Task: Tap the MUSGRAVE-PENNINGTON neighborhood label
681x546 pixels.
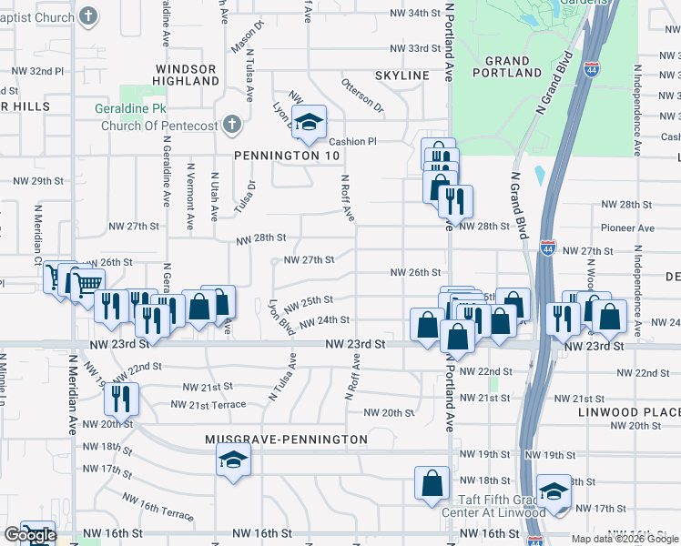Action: coord(286,440)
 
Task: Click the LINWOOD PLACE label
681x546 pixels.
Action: coord(629,412)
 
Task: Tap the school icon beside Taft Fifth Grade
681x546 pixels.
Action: coord(553,492)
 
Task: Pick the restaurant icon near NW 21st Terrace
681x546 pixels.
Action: coord(120,398)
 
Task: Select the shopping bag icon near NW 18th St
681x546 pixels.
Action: coord(432,482)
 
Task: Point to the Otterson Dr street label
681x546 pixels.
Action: coord(363,96)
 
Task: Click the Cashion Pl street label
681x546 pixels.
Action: coord(352,141)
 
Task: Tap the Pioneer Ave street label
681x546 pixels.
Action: coord(628,228)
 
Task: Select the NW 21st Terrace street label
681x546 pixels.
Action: coord(208,404)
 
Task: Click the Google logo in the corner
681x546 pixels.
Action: coord(29,536)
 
